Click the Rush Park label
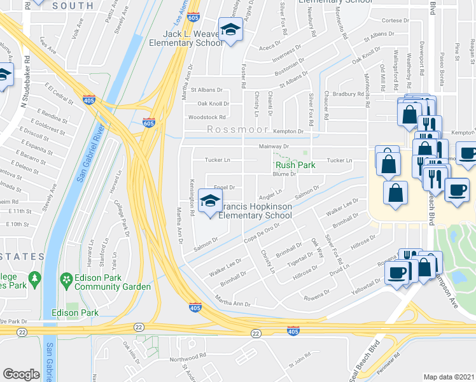(x=295, y=165)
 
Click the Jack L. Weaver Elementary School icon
(x=230, y=29)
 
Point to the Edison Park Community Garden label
(x=112, y=283)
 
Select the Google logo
(x=22, y=374)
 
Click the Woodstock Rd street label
(x=206, y=117)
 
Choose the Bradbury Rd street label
(x=347, y=94)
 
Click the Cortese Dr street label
(x=395, y=20)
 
